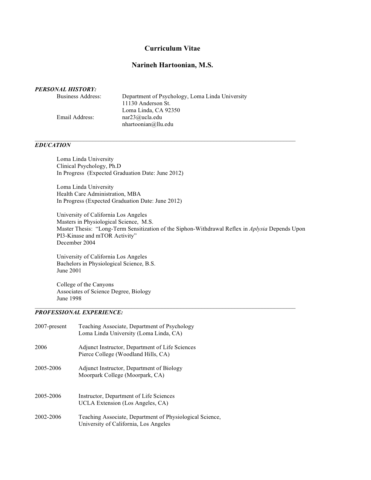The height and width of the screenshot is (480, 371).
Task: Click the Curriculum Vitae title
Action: click(x=172, y=48)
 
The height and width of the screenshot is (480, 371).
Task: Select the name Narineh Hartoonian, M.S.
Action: click(x=172, y=65)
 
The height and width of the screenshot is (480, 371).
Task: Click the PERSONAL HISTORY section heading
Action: click(x=66, y=89)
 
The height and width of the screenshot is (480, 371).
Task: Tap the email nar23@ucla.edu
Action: click(x=142, y=117)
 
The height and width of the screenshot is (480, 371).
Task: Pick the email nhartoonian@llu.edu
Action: click(x=148, y=124)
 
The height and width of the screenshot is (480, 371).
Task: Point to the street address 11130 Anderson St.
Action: click(x=146, y=103)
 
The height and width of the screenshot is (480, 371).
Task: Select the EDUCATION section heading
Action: click(x=53, y=145)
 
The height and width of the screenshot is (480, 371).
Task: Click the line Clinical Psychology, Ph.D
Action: click(x=89, y=166)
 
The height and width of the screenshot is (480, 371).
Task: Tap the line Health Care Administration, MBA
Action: click(x=99, y=194)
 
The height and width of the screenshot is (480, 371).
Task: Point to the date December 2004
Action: click(x=76, y=243)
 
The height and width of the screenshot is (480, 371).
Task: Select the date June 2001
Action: click(x=69, y=271)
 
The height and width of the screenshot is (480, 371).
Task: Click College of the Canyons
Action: click(x=85, y=285)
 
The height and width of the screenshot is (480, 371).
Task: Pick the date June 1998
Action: click(x=69, y=298)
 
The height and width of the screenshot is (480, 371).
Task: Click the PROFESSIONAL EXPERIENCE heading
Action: click(x=79, y=312)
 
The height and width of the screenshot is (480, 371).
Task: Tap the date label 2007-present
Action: click(x=51, y=326)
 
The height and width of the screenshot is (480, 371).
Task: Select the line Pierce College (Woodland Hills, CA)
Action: click(x=124, y=354)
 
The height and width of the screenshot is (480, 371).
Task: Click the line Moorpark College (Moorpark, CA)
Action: click(x=121, y=375)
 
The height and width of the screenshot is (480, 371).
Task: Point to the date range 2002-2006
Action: click(x=48, y=417)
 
